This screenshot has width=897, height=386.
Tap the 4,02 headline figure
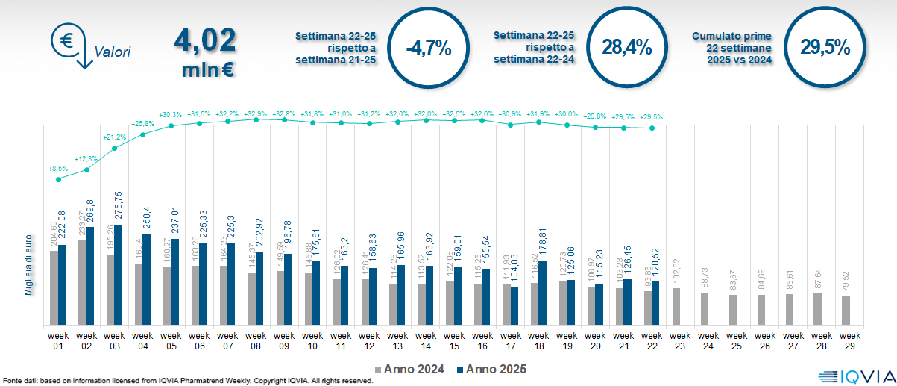205,39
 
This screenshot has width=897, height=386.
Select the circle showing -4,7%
429,49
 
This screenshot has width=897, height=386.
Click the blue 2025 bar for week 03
119,274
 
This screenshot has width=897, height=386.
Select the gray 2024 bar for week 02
82,282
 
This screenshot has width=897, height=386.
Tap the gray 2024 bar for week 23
676,306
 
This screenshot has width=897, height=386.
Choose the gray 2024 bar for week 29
846,311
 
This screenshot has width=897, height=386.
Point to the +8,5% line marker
59,179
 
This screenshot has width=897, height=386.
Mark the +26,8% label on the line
143,124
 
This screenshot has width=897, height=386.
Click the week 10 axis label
312,341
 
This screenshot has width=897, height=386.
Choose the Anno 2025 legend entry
491,369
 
